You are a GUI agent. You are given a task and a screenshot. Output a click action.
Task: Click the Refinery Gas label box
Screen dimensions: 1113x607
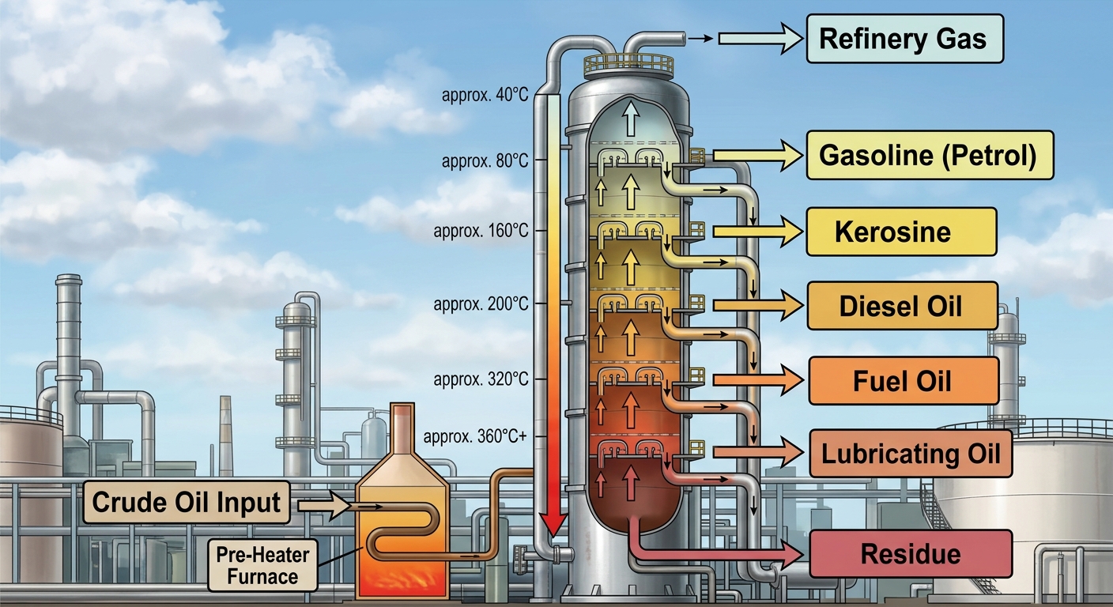pyautogui.click(x=905, y=39)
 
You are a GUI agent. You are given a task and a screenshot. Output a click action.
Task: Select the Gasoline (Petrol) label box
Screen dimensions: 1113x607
pyautogui.click(x=930, y=155)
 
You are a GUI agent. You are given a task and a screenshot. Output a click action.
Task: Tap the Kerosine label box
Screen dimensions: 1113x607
pyautogui.click(x=901, y=232)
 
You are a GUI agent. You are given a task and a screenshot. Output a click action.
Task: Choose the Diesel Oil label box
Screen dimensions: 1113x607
pyautogui.click(x=902, y=306)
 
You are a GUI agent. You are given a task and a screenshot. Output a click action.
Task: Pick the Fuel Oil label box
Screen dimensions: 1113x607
pyautogui.click(x=904, y=380)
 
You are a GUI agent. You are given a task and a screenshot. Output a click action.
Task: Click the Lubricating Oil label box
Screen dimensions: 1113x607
pyautogui.click(x=911, y=454)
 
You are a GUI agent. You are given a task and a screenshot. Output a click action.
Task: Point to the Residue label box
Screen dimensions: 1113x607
pyautogui.click(x=911, y=554)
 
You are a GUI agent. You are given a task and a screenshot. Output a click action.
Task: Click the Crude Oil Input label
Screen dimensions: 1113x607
pyautogui.click(x=187, y=502)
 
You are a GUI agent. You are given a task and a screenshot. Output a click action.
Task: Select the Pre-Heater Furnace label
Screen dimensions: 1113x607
pyautogui.click(x=262, y=565)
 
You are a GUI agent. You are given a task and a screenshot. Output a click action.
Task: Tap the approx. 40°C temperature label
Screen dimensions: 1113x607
pyautogui.click(x=485, y=95)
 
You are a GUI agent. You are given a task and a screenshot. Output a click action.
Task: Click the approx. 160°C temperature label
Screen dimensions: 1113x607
pyautogui.click(x=481, y=232)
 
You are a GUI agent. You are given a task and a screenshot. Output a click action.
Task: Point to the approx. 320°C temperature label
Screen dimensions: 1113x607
pyautogui.click(x=481, y=379)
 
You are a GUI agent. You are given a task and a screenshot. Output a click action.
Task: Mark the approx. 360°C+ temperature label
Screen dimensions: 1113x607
pyautogui.click(x=475, y=436)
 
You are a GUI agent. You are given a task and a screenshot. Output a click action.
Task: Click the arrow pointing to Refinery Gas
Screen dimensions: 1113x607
pyautogui.click(x=760, y=38)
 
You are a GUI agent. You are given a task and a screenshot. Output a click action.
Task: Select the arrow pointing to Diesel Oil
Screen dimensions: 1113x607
pyautogui.click(x=758, y=304)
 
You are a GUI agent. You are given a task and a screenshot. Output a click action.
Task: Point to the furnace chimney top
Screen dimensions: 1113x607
pyautogui.click(x=402, y=409)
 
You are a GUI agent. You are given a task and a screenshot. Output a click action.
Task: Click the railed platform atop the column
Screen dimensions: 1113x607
pyautogui.click(x=628, y=65)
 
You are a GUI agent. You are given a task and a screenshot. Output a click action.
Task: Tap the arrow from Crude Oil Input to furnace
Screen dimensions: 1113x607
pyautogui.click(x=324, y=506)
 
